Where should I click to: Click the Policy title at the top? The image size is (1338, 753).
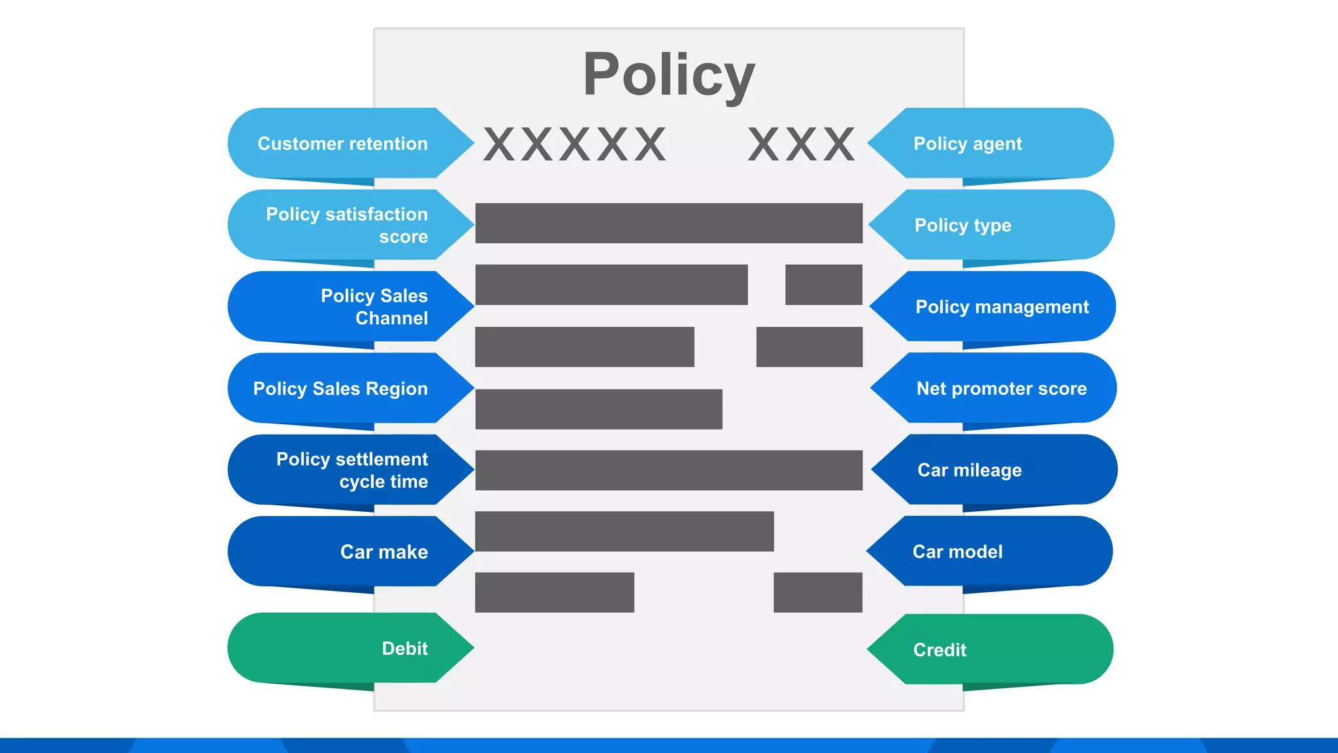pos(668,75)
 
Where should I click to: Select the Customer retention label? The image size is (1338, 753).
pos(342,144)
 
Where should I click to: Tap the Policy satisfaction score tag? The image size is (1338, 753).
pos(346,225)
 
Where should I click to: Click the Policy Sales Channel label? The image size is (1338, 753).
pos(374,307)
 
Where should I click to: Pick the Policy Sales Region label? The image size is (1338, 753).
pos(340,388)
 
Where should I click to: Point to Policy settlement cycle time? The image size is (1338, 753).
pos(351,470)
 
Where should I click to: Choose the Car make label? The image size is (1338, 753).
pos(383,552)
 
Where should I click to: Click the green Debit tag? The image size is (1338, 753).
pos(404,648)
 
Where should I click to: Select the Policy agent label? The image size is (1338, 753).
pos(968,144)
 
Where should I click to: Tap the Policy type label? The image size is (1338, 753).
pos(962,226)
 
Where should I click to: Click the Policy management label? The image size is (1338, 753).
pos(1002,307)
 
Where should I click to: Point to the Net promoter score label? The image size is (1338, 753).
pos(1001,388)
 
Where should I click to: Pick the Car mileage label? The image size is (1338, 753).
pos(970,470)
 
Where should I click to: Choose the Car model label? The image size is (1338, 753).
pos(957,552)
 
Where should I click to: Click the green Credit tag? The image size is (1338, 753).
pos(939,650)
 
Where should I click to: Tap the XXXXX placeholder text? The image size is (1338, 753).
pos(575,144)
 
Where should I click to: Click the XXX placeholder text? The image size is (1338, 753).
pos(802,144)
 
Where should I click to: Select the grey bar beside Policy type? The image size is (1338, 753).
pos(668,223)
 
